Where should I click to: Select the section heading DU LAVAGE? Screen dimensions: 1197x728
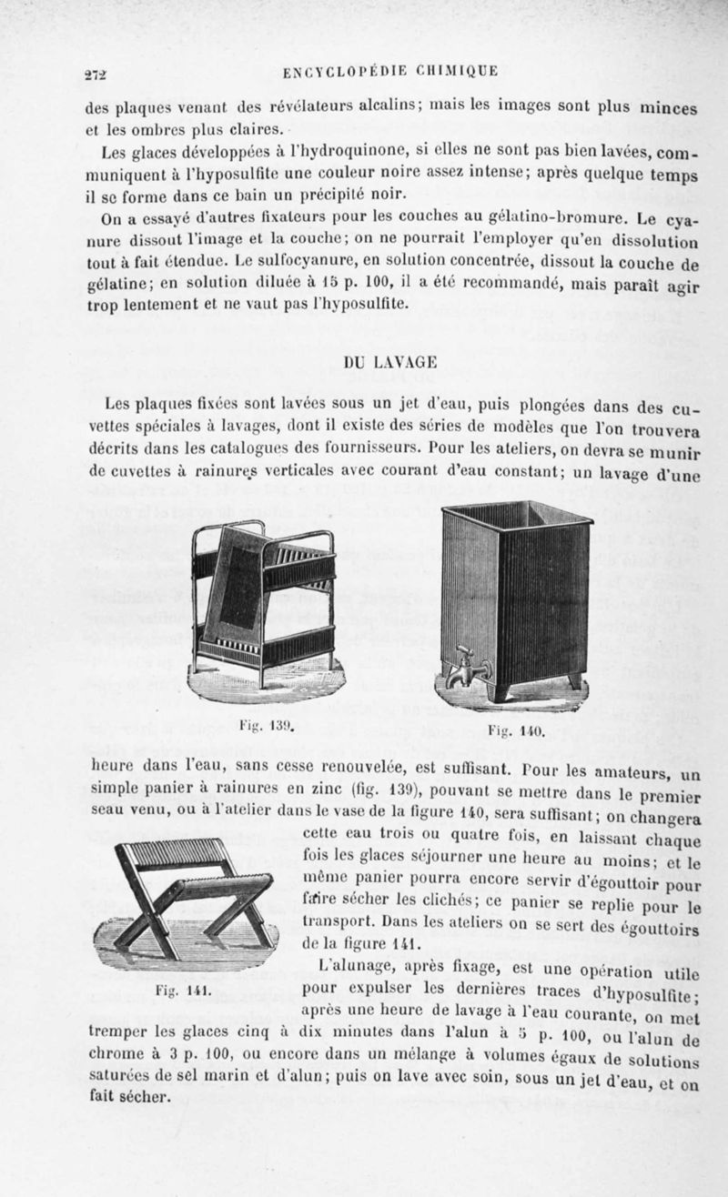[379, 362]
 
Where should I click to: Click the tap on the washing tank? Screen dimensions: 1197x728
[466, 669]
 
